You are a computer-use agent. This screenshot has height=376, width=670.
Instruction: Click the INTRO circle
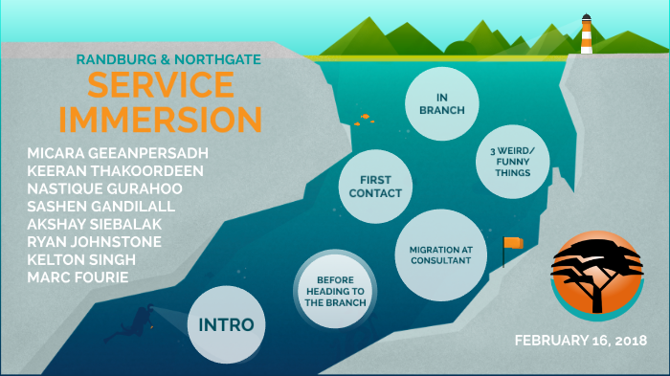pos(226,324)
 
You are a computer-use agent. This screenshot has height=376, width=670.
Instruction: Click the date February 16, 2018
pos(580,341)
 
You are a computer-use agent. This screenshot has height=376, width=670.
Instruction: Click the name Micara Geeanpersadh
pos(119,153)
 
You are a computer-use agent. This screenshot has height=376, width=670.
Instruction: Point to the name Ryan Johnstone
pos(95,240)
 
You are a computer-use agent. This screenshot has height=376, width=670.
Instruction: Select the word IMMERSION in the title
pos(160,120)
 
